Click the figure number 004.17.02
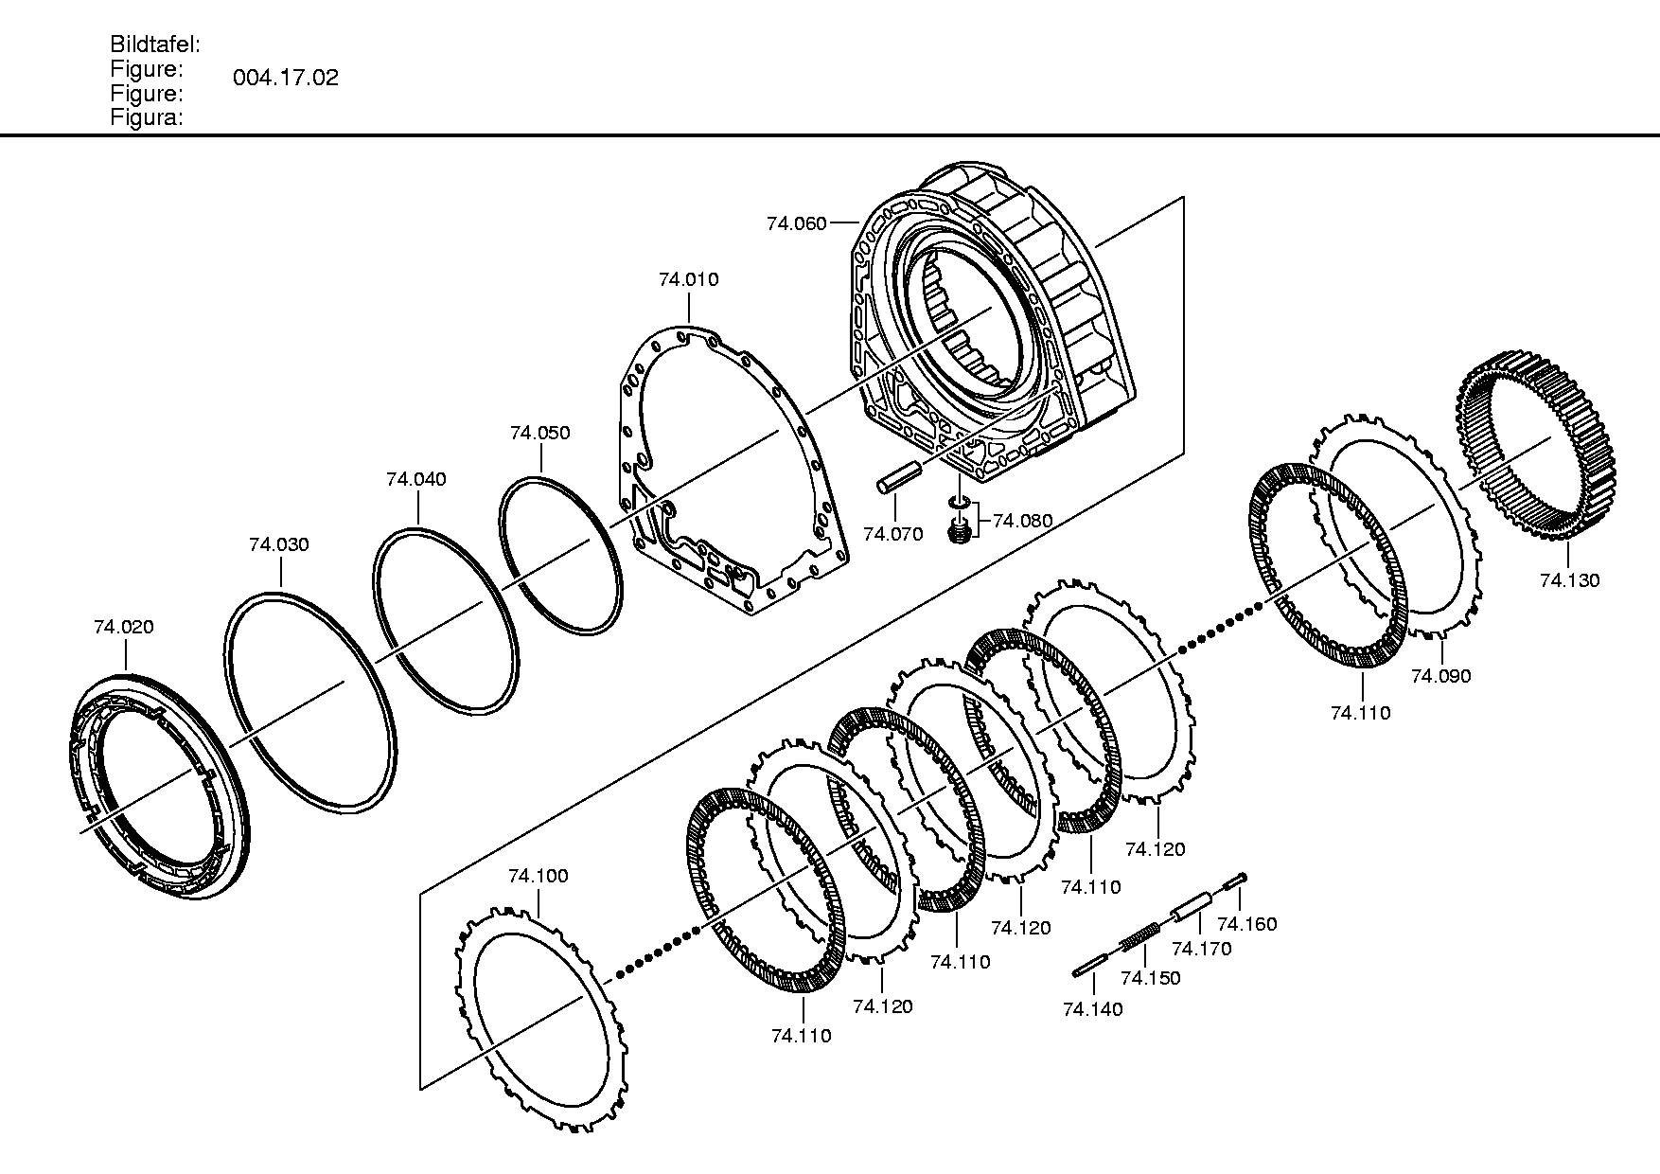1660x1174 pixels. point(286,78)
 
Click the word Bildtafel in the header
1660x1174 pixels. point(154,44)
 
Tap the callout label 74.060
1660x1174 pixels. point(797,223)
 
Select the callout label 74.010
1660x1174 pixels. point(689,279)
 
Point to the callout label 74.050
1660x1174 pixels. point(540,433)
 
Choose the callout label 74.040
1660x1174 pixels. point(416,479)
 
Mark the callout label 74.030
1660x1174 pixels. point(279,544)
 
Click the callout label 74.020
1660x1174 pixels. point(124,627)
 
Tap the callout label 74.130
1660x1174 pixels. point(1570,580)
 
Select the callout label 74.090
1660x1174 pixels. point(1441,676)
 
